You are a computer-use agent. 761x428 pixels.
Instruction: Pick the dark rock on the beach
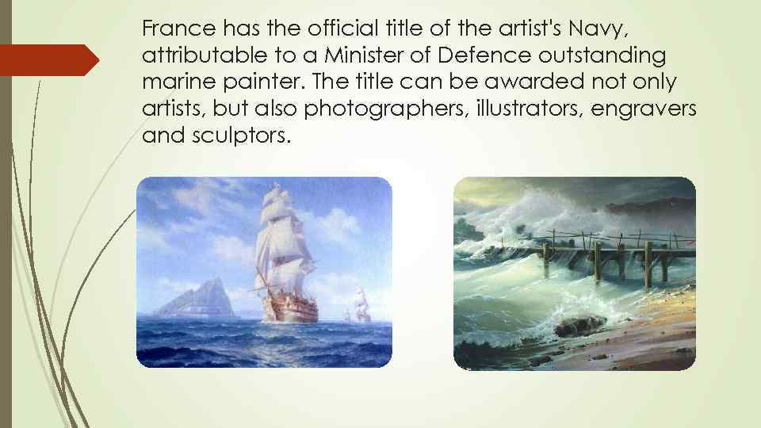(x=580, y=326)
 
